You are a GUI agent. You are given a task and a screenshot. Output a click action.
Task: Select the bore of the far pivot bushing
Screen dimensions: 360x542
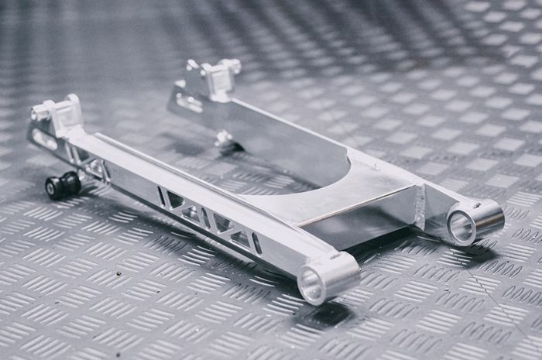[462, 227]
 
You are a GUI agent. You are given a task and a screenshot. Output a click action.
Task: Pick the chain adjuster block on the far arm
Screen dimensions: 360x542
[215, 77]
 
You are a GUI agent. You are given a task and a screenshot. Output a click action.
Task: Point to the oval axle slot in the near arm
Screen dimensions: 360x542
[45, 140]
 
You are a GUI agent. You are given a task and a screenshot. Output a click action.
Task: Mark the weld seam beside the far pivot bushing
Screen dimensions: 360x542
[420, 205]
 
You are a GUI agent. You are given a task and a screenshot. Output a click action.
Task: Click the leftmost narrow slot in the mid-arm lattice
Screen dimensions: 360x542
[162, 197]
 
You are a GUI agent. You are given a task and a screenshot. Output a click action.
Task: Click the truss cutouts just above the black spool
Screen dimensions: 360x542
[91, 166]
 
